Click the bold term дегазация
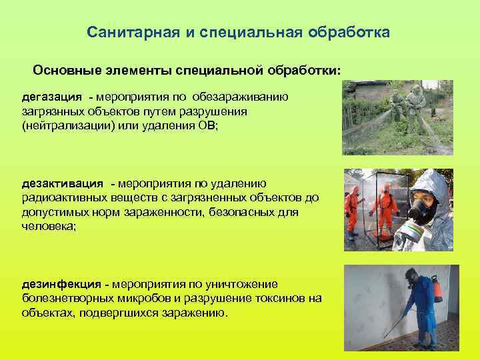pos(52,97)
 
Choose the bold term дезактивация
pos(63,183)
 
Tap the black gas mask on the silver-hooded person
pos(421,212)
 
